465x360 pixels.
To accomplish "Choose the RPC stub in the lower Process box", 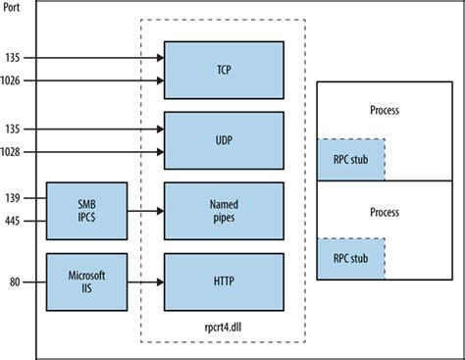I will (x=349, y=258).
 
